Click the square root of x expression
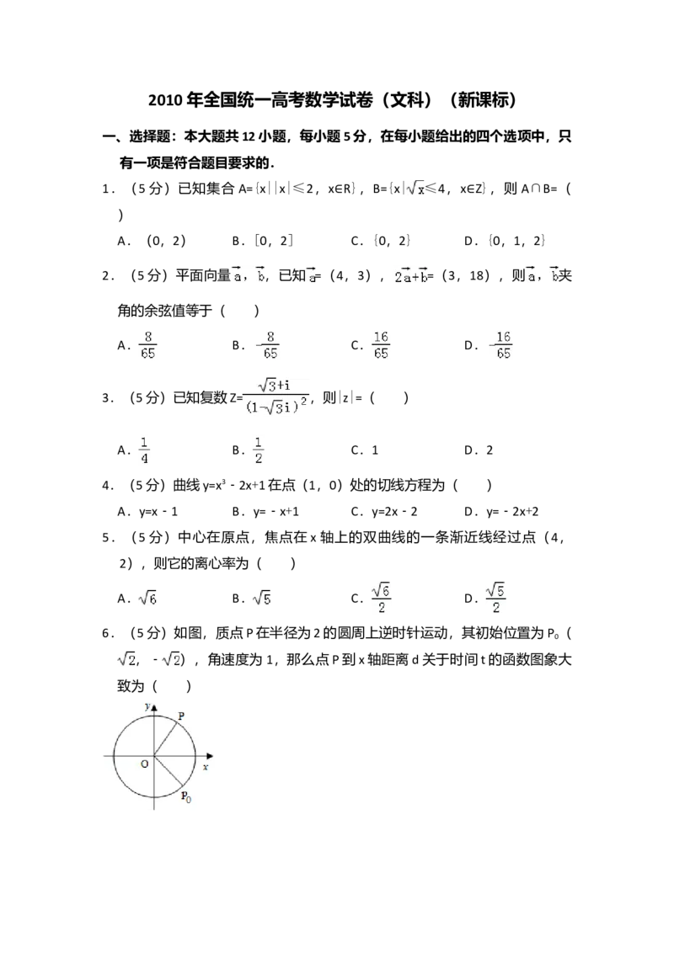[415, 188]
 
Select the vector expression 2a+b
[411, 276]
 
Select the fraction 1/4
[145, 451]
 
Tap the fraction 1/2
[259, 451]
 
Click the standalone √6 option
[148, 597]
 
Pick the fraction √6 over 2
[383, 599]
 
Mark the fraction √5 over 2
[498, 599]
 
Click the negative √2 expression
[169, 660]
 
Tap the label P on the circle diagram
[181, 716]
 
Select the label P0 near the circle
[186, 796]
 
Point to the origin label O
[144, 764]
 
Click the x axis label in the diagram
[205, 768]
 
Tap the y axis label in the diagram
[147, 707]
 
